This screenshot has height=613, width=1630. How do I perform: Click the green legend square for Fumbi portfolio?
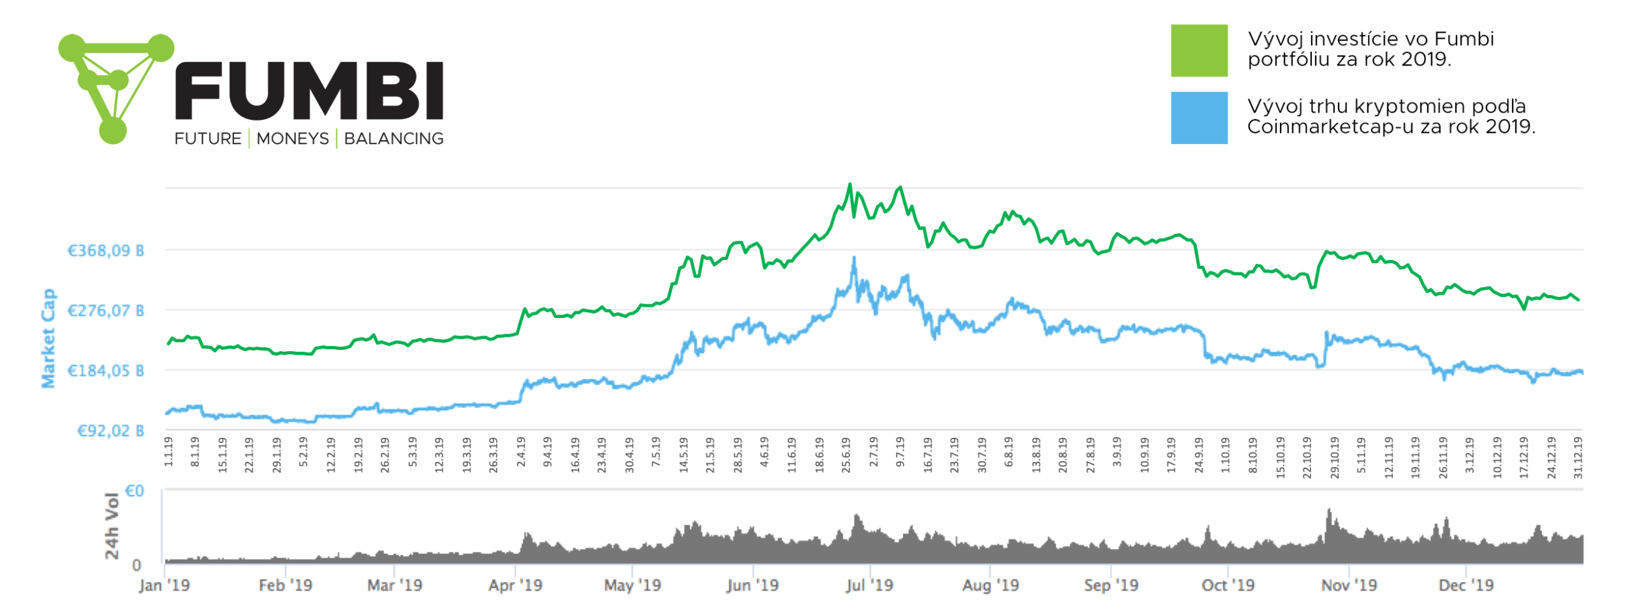1198,51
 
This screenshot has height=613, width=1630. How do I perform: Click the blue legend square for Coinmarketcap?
1198,118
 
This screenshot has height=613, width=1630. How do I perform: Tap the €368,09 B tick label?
106,251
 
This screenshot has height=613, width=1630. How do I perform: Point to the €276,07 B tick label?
106,311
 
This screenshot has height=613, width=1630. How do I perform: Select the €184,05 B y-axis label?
106,371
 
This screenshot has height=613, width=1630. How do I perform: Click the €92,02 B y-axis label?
110,431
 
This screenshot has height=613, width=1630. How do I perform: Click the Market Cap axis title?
49,339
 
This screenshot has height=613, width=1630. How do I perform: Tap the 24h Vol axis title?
112,526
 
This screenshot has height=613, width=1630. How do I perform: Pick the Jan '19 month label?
164,585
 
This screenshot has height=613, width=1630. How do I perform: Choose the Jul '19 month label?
869,585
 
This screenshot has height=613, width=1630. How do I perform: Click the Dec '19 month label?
1466,585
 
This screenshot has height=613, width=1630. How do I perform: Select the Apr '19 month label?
515,585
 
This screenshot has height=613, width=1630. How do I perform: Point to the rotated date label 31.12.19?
1578,457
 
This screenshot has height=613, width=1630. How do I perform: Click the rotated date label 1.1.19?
169,451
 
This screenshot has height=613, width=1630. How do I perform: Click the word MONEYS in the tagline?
293,139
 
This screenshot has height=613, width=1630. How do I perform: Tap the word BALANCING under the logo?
394,139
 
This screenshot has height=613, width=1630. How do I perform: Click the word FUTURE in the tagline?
208,139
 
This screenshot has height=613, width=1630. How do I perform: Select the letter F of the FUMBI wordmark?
199,91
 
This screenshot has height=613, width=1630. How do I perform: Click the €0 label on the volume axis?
134,491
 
